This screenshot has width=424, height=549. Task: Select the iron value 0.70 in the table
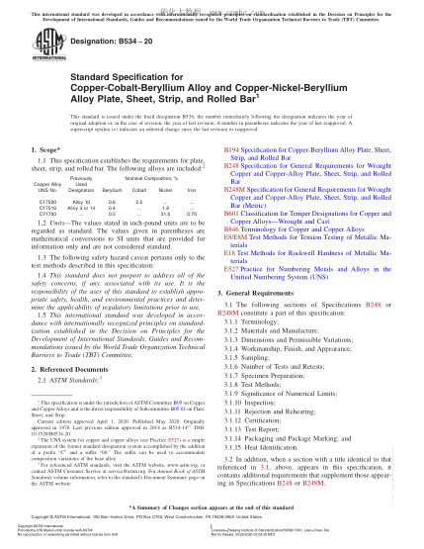[191, 213]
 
